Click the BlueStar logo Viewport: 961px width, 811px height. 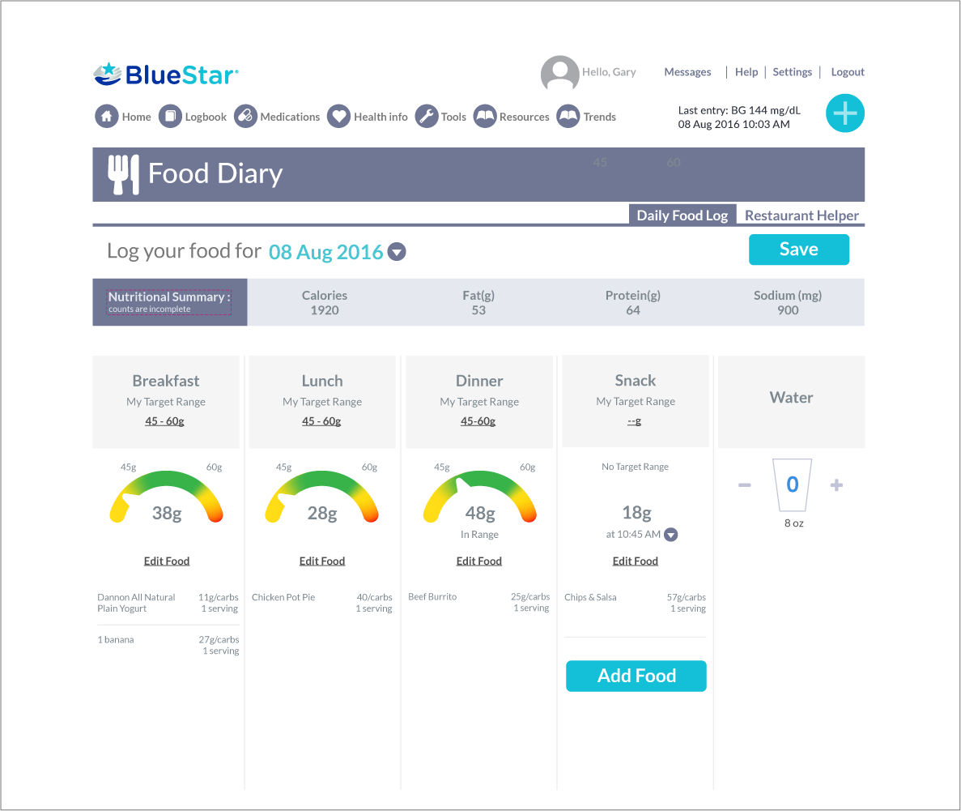click(x=166, y=75)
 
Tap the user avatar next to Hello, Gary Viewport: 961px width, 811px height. click(x=559, y=74)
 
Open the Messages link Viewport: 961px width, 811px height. click(x=687, y=72)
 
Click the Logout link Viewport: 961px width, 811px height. click(x=848, y=72)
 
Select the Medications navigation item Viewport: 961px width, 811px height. click(x=277, y=117)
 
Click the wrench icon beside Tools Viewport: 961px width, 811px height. click(x=427, y=117)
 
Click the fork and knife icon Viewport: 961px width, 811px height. click(x=123, y=174)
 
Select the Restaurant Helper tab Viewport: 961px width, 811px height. click(x=802, y=216)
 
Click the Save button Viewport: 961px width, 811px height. click(x=798, y=250)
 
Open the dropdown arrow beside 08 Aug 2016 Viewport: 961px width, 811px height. click(x=397, y=252)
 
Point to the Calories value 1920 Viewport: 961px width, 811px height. click(x=325, y=310)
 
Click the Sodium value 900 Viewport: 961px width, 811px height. click(x=788, y=310)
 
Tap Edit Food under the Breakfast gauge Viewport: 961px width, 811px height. click(x=166, y=561)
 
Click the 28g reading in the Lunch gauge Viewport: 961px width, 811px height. click(x=322, y=513)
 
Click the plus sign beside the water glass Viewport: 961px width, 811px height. click(x=837, y=485)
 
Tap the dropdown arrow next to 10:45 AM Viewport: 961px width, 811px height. click(x=670, y=535)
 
